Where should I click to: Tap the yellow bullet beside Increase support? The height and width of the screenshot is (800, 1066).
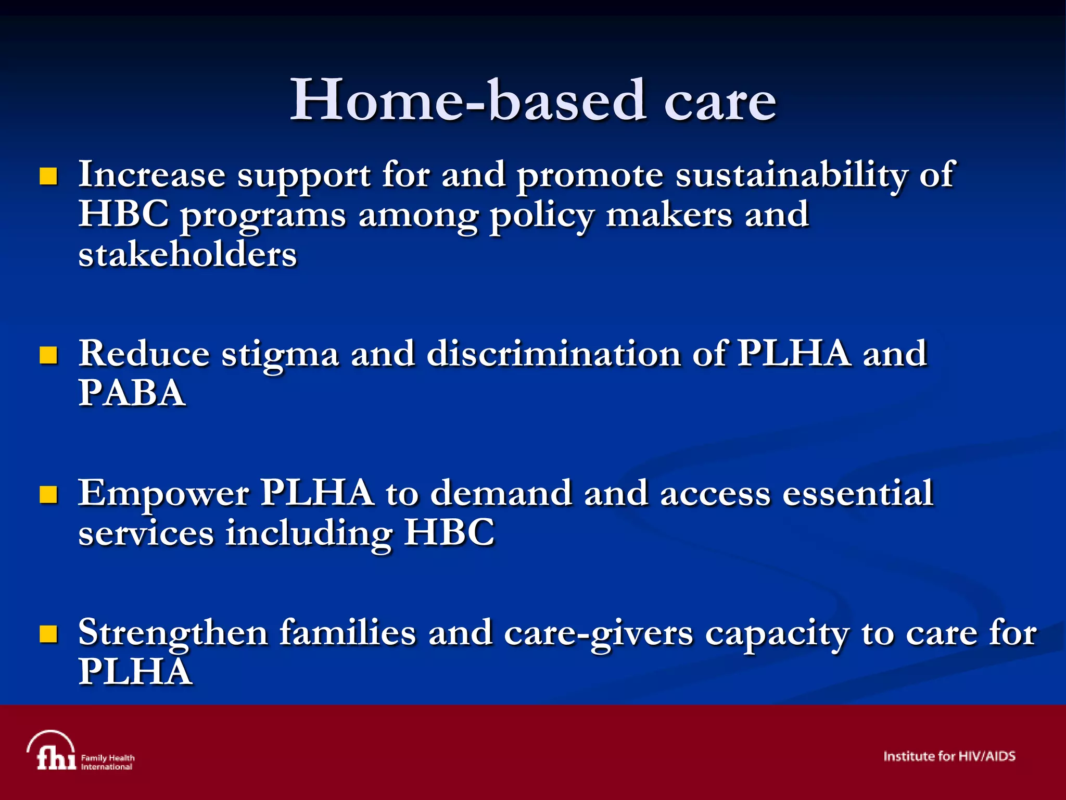coord(48,177)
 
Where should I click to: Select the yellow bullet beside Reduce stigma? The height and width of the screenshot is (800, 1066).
coord(48,356)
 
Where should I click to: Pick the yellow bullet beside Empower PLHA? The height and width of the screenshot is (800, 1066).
coord(48,495)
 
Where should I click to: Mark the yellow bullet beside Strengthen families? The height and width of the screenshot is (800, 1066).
coord(48,634)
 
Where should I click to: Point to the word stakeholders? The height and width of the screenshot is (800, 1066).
coord(187,255)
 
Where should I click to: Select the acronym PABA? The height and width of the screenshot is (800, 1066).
coord(132,393)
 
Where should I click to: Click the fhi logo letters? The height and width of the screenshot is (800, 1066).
coord(56,757)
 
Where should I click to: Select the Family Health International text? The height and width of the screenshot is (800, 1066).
coord(107,762)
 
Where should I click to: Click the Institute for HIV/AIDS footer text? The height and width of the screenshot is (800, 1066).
coord(949,756)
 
